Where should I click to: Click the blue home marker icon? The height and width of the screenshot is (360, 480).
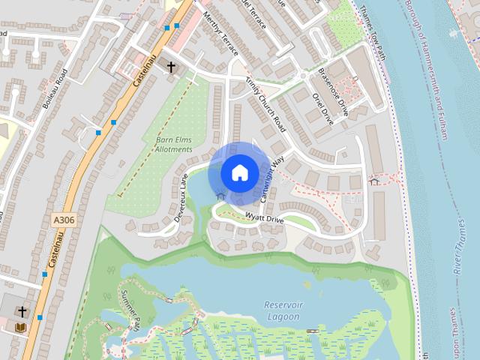(x=238, y=172)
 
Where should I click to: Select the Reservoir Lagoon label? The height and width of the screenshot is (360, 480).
(x=282, y=310)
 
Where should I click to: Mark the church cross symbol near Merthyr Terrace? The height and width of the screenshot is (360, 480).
(x=171, y=67)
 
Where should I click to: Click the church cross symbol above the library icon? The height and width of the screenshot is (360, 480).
(x=22, y=311)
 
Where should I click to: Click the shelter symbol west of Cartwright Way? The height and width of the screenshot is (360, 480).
(x=220, y=195)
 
